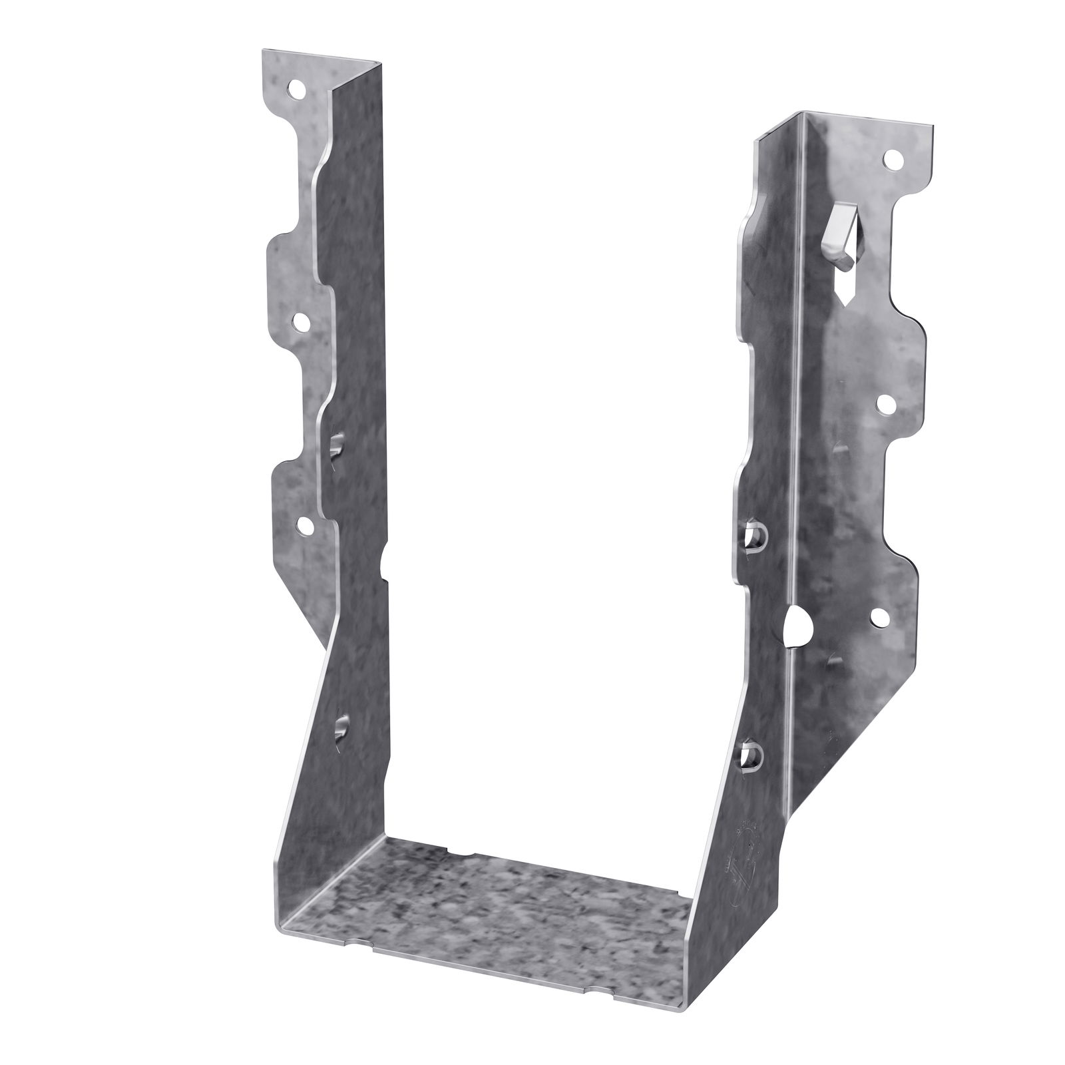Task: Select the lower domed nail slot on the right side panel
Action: (750, 755)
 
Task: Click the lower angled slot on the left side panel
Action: (341, 728)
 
